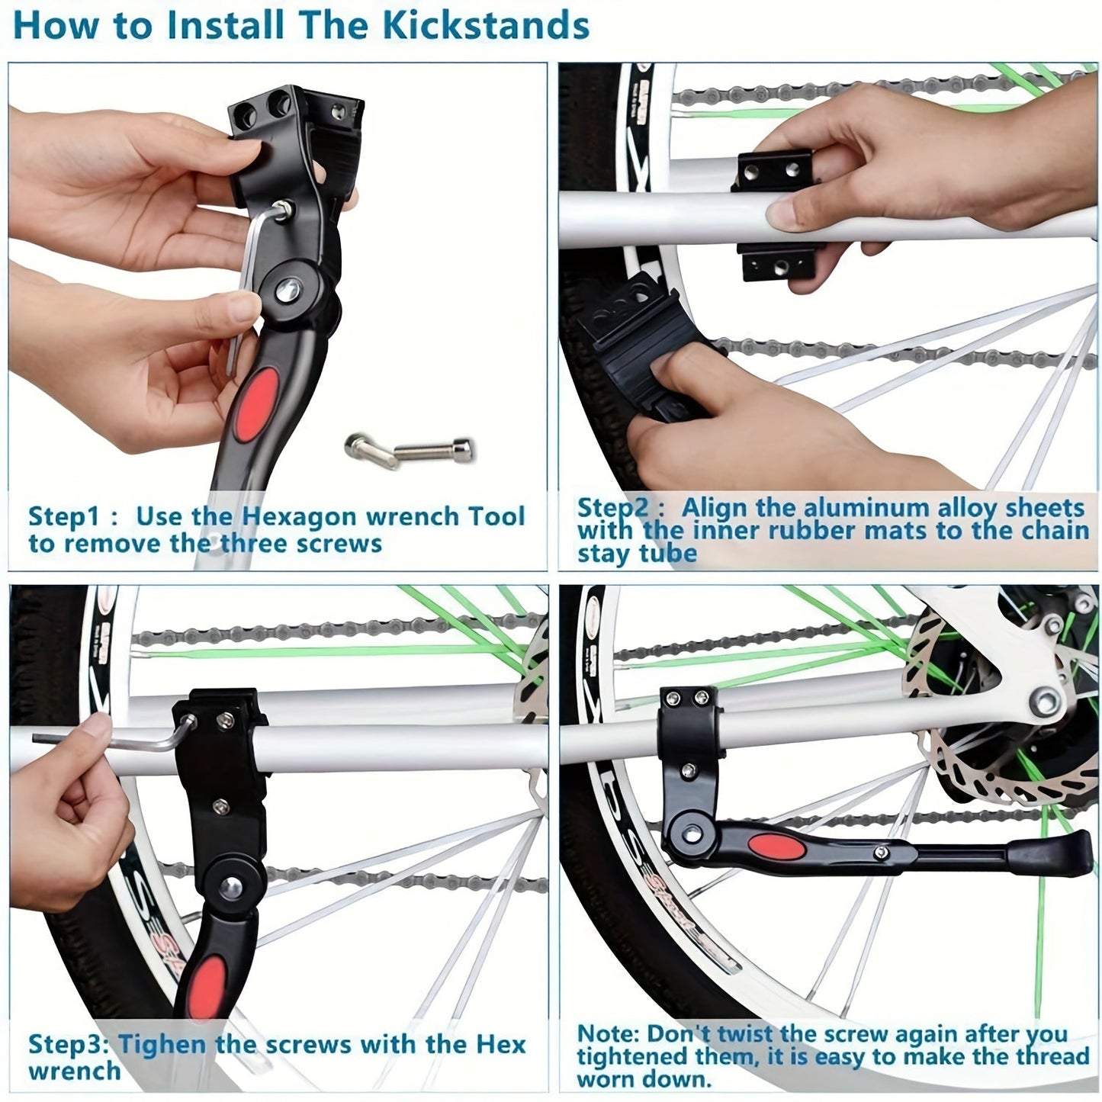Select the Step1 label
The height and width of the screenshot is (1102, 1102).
pos(64,516)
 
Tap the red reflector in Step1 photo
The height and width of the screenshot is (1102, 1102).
pos(253,403)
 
